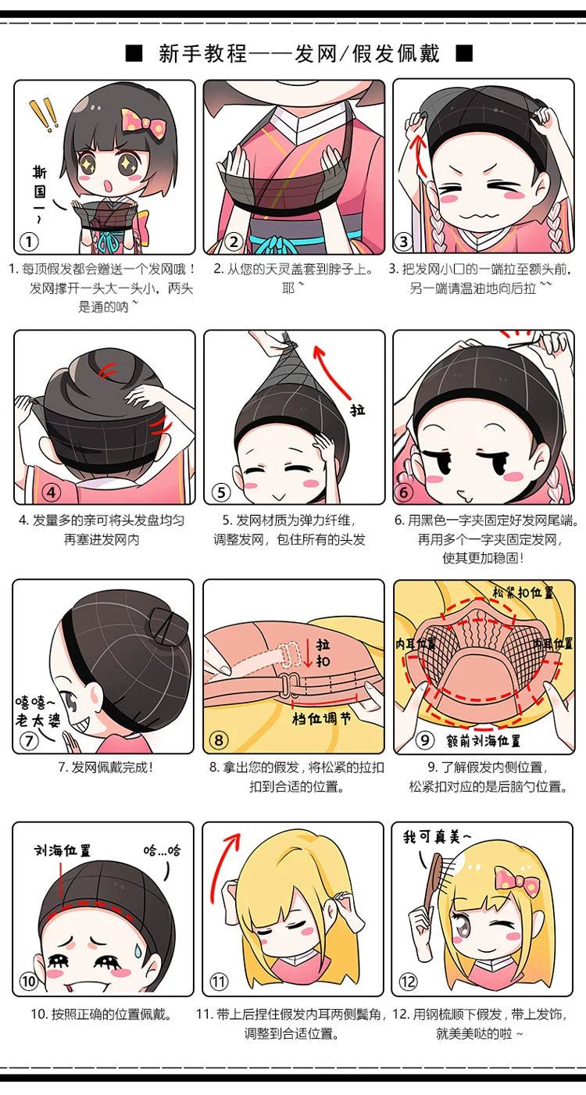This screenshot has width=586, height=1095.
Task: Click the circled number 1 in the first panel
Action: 29,242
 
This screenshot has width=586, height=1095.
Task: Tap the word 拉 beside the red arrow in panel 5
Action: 357,410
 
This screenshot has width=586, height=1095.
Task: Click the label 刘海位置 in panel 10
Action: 63,850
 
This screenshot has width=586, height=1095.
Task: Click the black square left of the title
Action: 134,53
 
